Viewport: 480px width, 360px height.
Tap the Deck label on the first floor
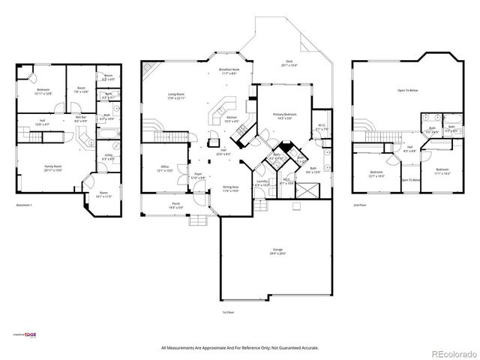click(288, 63)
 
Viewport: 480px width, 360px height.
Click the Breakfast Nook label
click(229, 70)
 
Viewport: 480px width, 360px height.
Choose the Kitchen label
click(232, 118)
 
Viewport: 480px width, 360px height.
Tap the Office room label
click(165, 168)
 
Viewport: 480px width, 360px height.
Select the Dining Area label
click(230, 188)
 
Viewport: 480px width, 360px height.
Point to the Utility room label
click(108, 157)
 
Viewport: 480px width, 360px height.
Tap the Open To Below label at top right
click(407, 91)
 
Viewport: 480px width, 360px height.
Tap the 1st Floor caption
click(229, 311)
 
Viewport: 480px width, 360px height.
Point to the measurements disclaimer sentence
click(239, 347)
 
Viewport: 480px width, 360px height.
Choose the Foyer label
click(199, 175)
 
